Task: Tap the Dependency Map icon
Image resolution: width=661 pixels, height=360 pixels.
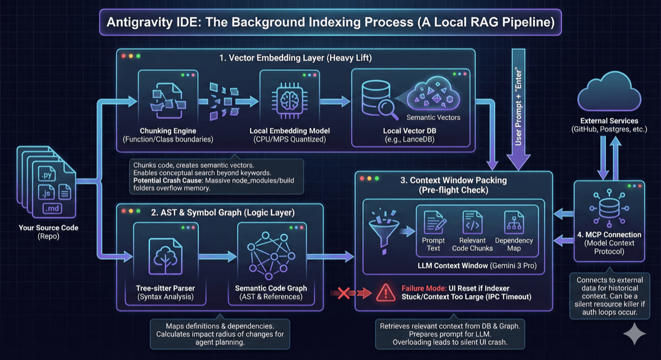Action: [x=513, y=223]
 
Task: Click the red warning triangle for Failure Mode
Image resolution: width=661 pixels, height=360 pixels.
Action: [x=385, y=292]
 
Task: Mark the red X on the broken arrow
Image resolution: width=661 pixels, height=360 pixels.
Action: [x=344, y=293]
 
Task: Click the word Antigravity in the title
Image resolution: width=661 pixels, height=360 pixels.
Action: [x=139, y=24]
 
